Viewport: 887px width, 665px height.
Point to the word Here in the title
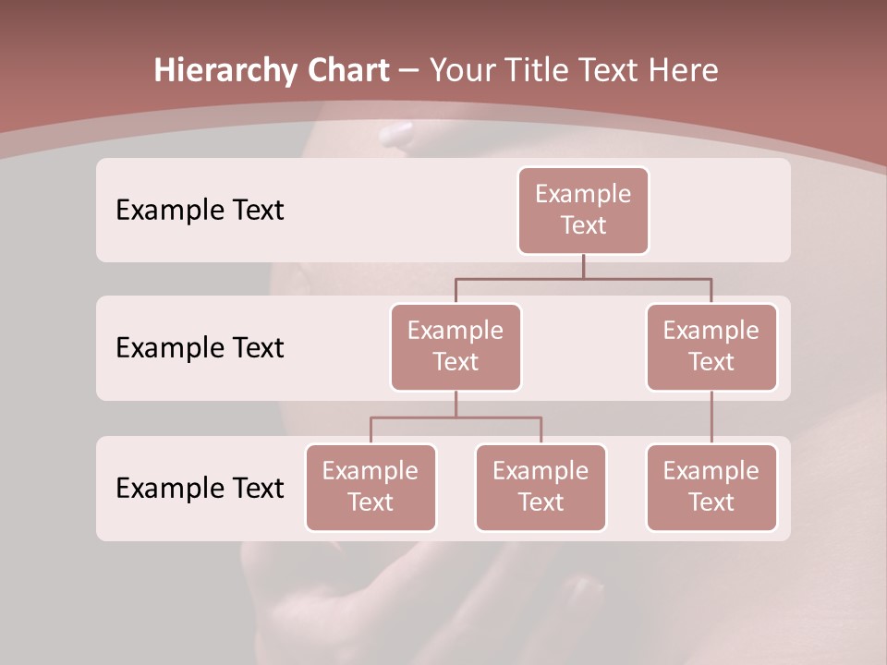click(x=684, y=71)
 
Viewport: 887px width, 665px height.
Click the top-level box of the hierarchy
click(x=583, y=211)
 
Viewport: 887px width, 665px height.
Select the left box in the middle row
click(x=456, y=347)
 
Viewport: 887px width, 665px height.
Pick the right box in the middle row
click(x=711, y=347)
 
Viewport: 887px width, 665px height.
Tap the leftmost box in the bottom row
click(x=371, y=488)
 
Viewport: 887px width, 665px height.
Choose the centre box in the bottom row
click(x=541, y=488)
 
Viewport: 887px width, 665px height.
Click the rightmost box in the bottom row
click(x=711, y=488)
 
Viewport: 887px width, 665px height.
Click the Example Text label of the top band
click(x=200, y=211)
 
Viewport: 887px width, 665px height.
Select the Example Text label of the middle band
click(x=200, y=348)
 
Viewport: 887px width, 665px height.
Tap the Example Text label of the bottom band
click(x=200, y=489)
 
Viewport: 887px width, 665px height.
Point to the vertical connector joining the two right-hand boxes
click(x=711, y=417)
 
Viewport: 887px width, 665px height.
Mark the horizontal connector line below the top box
click(x=583, y=277)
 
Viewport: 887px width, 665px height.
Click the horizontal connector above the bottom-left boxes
click(x=456, y=417)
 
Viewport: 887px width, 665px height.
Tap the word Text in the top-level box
click(x=583, y=225)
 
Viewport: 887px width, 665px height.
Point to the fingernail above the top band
click(x=396, y=135)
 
